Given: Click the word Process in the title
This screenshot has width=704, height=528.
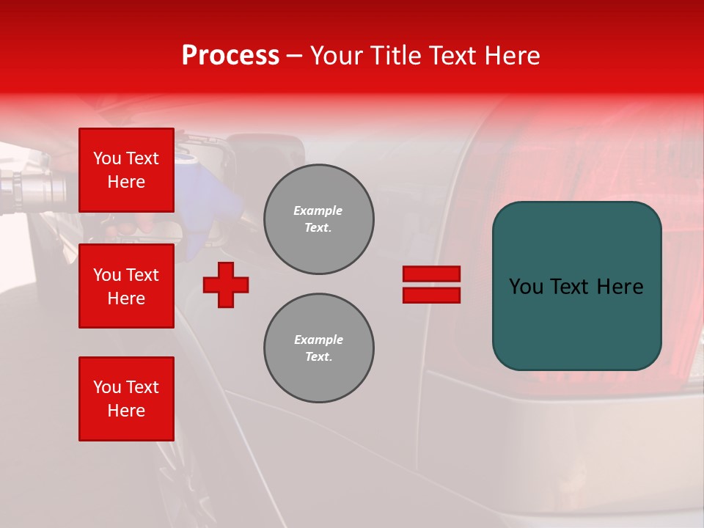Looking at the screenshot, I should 230,56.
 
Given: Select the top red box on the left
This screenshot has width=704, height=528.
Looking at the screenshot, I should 126,170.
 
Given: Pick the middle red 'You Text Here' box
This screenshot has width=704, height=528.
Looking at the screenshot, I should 126,286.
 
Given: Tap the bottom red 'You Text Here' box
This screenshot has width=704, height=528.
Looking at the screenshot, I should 126,399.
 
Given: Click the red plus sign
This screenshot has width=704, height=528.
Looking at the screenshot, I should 226,285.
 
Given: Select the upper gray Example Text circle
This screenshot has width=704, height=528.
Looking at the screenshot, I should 318,219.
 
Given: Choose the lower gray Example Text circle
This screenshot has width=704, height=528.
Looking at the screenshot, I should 318,348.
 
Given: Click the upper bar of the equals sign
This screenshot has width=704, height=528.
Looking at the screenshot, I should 431,274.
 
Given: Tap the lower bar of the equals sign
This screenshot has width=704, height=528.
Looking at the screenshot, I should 431,296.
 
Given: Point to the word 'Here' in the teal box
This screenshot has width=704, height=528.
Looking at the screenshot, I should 620,287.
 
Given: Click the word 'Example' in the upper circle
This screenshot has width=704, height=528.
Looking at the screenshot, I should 318,210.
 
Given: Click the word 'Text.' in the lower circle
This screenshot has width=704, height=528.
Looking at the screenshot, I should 318,357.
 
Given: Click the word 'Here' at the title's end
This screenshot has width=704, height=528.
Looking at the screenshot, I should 513,56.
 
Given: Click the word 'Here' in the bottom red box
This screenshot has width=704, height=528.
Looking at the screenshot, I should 126,411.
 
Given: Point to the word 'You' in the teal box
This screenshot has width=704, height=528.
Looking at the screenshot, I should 527,287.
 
